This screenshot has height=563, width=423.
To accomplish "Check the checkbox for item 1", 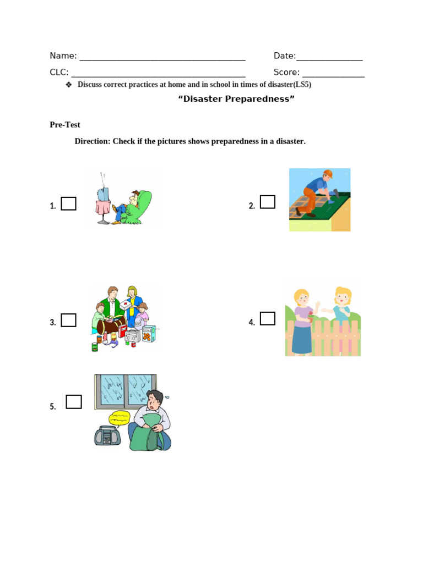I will point(68,204).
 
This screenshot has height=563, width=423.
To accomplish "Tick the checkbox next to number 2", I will point(268,202).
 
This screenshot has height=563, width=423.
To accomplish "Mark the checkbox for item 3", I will point(68,320).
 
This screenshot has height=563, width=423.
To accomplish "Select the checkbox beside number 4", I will point(268,318).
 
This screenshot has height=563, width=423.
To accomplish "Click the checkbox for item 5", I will point(74,402).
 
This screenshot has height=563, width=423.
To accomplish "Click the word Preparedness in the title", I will point(259,99).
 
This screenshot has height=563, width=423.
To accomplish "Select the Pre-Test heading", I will point(65,125).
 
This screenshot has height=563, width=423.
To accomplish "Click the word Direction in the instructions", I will point(92,141).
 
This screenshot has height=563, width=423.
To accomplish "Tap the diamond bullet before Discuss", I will point(69,85).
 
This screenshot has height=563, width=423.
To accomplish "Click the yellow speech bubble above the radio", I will point(120,417).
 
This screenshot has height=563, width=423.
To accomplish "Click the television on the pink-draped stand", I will point(103,194).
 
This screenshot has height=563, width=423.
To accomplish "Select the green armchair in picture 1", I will point(144,206).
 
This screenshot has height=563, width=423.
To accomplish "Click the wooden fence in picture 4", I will point(323,335).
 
